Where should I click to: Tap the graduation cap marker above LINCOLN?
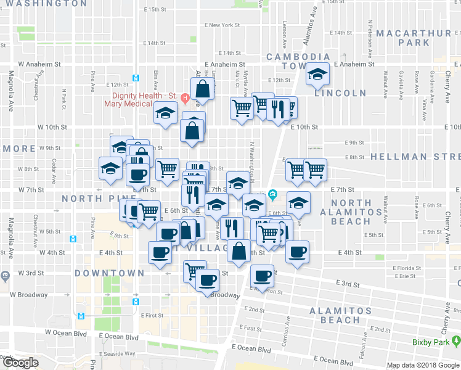pos(317,75)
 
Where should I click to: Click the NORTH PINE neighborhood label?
pos(90,198)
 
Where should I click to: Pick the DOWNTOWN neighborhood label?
pos(110,273)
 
